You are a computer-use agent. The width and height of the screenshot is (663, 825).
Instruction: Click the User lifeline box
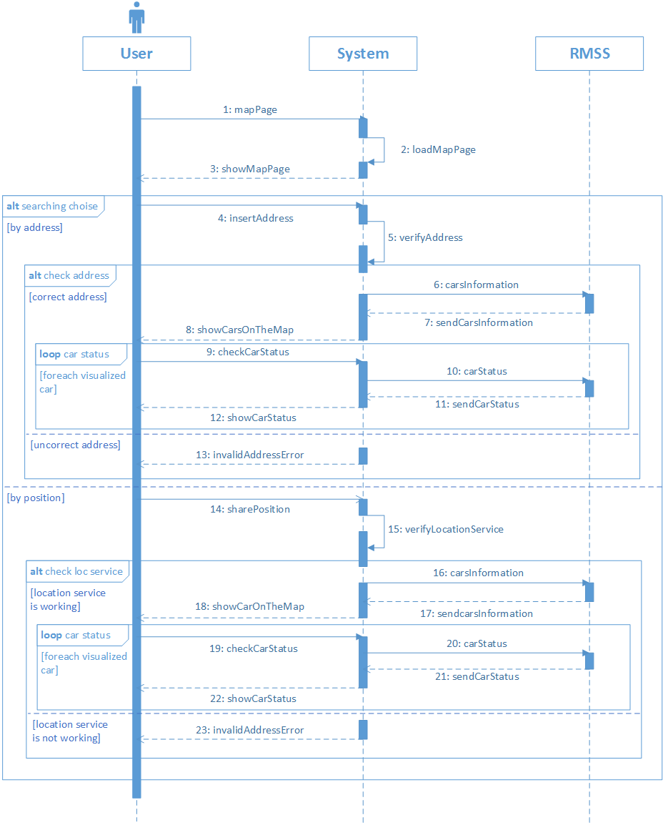click(x=136, y=54)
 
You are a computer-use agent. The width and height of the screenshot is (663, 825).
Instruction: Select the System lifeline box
click(x=363, y=54)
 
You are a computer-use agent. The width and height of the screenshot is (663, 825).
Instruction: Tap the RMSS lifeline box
click(x=589, y=54)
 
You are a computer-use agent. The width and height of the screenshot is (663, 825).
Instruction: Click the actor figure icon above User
click(x=136, y=17)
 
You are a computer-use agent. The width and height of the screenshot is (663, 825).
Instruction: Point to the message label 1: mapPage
click(x=250, y=109)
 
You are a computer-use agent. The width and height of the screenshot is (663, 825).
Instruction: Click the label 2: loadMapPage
click(x=438, y=149)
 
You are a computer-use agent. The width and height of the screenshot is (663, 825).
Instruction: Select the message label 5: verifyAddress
click(x=425, y=237)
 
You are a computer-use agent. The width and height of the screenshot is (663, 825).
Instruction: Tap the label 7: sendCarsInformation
click(x=479, y=322)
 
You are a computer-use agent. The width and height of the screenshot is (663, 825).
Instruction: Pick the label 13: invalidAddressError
click(x=250, y=455)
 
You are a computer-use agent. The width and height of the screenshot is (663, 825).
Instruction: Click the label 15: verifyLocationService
click(x=446, y=529)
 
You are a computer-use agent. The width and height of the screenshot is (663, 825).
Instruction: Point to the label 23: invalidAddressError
click(x=250, y=730)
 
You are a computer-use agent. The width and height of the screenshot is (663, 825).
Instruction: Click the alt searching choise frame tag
click(x=53, y=206)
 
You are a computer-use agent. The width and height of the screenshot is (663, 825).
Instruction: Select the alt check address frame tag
click(x=70, y=275)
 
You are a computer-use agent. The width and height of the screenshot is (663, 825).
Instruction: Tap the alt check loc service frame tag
click(x=77, y=571)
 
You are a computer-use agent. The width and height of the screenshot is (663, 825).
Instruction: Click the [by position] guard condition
click(x=36, y=498)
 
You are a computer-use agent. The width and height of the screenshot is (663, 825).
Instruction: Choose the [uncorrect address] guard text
click(x=75, y=445)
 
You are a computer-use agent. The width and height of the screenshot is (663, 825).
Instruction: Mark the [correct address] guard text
click(x=68, y=297)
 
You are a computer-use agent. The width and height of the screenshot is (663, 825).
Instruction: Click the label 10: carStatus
click(x=477, y=371)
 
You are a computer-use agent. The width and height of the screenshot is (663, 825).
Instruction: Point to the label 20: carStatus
click(x=477, y=643)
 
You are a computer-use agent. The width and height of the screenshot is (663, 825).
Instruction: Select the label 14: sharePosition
click(x=250, y=509)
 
